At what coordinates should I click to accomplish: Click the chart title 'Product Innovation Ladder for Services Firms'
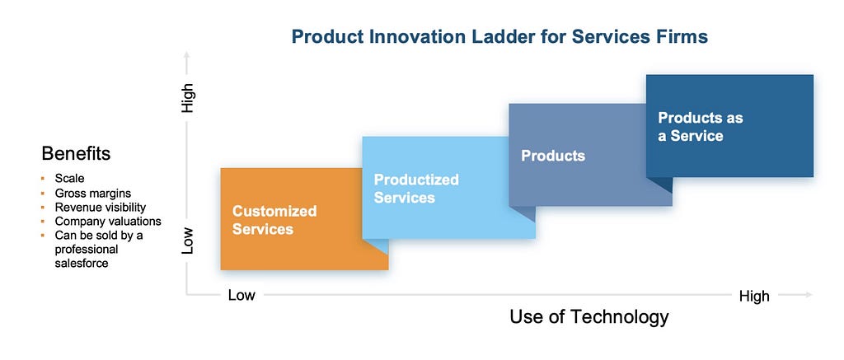(x=499, y=37)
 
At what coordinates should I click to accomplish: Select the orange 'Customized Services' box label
(x=274, y=220)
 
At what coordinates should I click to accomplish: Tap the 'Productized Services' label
(x=416, y=189)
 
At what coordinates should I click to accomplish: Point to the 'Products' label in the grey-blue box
(x=553, y=156)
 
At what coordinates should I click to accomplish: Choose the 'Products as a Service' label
(x=701, y=127)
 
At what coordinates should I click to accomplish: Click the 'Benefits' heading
(x=76, y=154)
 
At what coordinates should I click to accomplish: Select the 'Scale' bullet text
(x=69, y=178)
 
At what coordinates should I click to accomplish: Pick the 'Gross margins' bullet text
(x=92, y=194)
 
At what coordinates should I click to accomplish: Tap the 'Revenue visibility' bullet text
(x=100, y=207)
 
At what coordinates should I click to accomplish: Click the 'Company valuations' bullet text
(x=108, y=221)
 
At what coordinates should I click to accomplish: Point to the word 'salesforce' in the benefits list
(x=82, y=264)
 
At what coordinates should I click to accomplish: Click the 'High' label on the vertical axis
(x=187, y=98)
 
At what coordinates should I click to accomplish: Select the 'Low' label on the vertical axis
(x=187, y=240)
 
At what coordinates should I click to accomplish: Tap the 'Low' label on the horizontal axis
(x=241, y=295)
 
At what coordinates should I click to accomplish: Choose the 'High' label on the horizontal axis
(x=754, y=296)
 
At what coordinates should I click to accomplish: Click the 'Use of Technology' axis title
(x=588, y=316)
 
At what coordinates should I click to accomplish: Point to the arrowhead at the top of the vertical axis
(x=187, y=54)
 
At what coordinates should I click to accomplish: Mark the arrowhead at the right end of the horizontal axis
(x=809, y=294)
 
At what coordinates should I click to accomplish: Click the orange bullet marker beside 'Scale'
(x=43, y=178)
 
